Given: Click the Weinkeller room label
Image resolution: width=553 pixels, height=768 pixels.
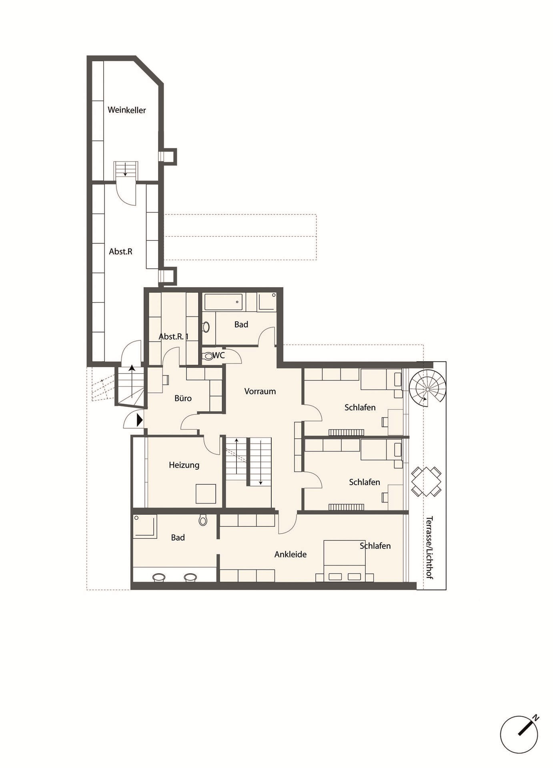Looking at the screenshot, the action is click(126, 110).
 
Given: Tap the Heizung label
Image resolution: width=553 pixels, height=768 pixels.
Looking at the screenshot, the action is click(184, 465).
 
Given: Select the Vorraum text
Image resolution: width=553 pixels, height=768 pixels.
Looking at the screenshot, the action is click(260, 391).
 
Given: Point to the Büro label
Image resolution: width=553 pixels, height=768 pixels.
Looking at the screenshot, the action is click(183, 398).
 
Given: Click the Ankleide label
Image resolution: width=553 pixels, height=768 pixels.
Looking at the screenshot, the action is click(291, 554).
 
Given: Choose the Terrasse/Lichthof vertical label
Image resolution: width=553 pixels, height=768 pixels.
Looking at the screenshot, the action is click(430, 548).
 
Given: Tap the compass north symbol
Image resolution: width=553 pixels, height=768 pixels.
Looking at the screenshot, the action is click(519, 734).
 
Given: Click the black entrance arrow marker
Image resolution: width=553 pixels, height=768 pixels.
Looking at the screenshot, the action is click(140, 420).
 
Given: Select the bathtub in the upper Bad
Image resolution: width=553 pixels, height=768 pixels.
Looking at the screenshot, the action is click(224, 302).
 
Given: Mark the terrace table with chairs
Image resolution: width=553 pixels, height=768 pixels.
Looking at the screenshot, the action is click(427, 482).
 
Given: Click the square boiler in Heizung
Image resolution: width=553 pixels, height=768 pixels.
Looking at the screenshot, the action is click(206, 494).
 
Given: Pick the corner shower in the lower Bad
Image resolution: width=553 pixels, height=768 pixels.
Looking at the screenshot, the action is click(145, 526).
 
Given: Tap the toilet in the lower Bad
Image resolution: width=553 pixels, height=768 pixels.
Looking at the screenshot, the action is click(203, 520).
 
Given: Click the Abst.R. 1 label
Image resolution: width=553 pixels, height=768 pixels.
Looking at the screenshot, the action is click(174, 337).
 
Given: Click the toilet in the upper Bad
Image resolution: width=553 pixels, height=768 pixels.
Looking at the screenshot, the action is click(206, 327).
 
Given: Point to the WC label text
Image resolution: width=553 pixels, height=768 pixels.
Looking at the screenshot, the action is click(219, 355).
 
